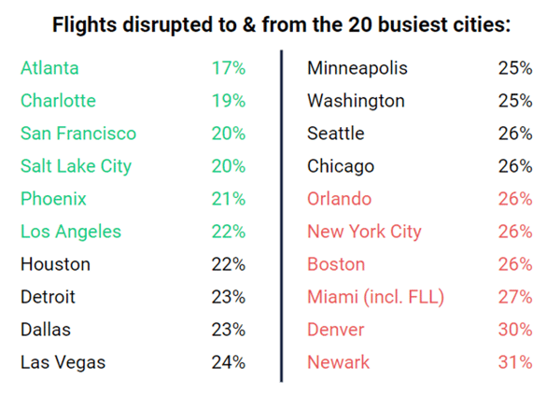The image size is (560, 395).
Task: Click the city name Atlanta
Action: (49, 68)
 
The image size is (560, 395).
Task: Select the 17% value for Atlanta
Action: (228, 68)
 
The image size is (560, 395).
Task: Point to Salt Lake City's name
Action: (76, 166)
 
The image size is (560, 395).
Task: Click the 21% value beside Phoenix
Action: (228, 199)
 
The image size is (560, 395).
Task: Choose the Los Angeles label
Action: (71, 232)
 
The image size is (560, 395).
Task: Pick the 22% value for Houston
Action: (228, 264)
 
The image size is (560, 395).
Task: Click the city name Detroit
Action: (48, 297)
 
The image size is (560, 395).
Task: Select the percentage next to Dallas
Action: (228, 330)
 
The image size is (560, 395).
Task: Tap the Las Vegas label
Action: (63, 362)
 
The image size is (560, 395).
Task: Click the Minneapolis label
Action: (357, 68)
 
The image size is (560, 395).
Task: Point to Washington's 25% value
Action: (514, 101)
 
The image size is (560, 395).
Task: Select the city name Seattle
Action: (335, 134)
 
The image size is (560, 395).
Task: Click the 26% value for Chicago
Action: (514, 166)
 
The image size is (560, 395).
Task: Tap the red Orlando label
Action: (339, 199)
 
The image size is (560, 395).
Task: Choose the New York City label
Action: (364, 232)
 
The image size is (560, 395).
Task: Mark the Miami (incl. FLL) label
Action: (375, 297)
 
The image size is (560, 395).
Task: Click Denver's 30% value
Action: (514, 330)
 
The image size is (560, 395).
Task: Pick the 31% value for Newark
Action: (514, 362)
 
